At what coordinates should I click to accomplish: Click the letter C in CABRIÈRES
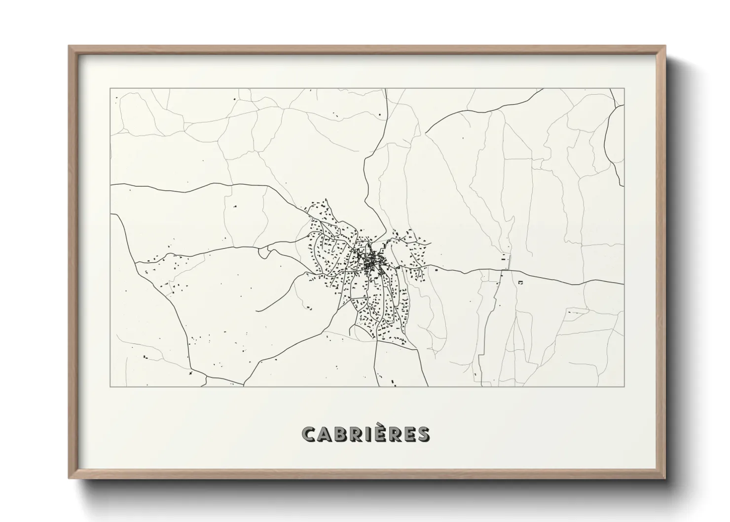click(309, 434)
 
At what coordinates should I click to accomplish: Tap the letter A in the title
click(325, 434)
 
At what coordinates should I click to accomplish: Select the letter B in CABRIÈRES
click(340, 434)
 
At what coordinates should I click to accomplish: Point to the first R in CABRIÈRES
click(356, 434)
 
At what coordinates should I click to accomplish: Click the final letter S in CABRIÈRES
click(423, 434)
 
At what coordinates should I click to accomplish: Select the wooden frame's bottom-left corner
click(69, 478)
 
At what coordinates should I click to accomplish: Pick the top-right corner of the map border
click(624, 89)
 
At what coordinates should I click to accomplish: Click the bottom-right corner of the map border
click(624, 386)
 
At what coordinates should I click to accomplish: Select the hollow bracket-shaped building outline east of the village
click(520, 282)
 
